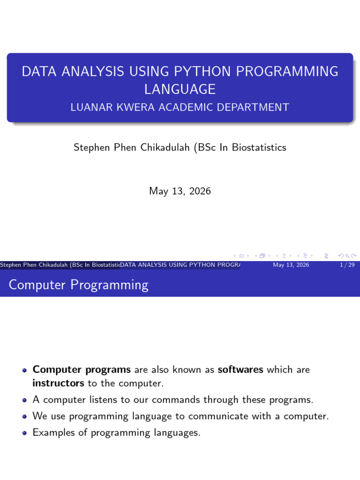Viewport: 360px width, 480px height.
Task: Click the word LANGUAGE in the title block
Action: click(x=180, y=90)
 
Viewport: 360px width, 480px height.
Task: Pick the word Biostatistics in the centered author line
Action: click(x=259, y=147)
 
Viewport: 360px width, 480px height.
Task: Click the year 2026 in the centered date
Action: click(x=200, y=191)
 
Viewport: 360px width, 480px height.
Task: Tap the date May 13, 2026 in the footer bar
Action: click(x=291, y=265)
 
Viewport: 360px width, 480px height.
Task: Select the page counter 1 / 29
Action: click(x=347, y=265)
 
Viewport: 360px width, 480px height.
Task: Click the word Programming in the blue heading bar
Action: click(x=109, y=285)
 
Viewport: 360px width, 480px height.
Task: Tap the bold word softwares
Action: click(x=240, y=369)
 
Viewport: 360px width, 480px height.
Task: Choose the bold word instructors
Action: click(x=58, y=383)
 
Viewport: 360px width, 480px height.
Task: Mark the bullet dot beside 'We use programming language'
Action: click(x=25, y=417)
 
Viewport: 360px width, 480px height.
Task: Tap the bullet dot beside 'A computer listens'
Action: click(x=25, y=400)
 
